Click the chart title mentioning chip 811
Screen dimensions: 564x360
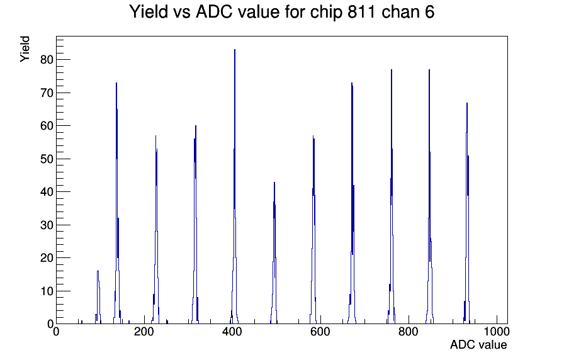pos(282,11)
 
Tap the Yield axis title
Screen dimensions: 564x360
pos(25,49)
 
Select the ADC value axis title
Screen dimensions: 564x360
pos(478,344)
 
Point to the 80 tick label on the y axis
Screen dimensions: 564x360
pos(47,60)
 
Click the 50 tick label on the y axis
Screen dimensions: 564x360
pos(47,159)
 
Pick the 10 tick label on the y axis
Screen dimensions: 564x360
pos(47,291)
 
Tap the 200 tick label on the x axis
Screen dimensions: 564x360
pos(144,331)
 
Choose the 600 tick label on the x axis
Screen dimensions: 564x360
pos(320,331)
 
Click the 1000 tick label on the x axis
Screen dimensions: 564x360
pos(496,331)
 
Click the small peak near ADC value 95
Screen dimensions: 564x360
pos(98,297)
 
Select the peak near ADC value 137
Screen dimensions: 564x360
pos(116,203)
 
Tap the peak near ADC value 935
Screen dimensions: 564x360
pos(467,213)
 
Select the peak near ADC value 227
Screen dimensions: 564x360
pos(155,230)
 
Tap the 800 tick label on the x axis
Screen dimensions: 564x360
pos(409,331)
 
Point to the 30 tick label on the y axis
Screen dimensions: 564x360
pos(47,225)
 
